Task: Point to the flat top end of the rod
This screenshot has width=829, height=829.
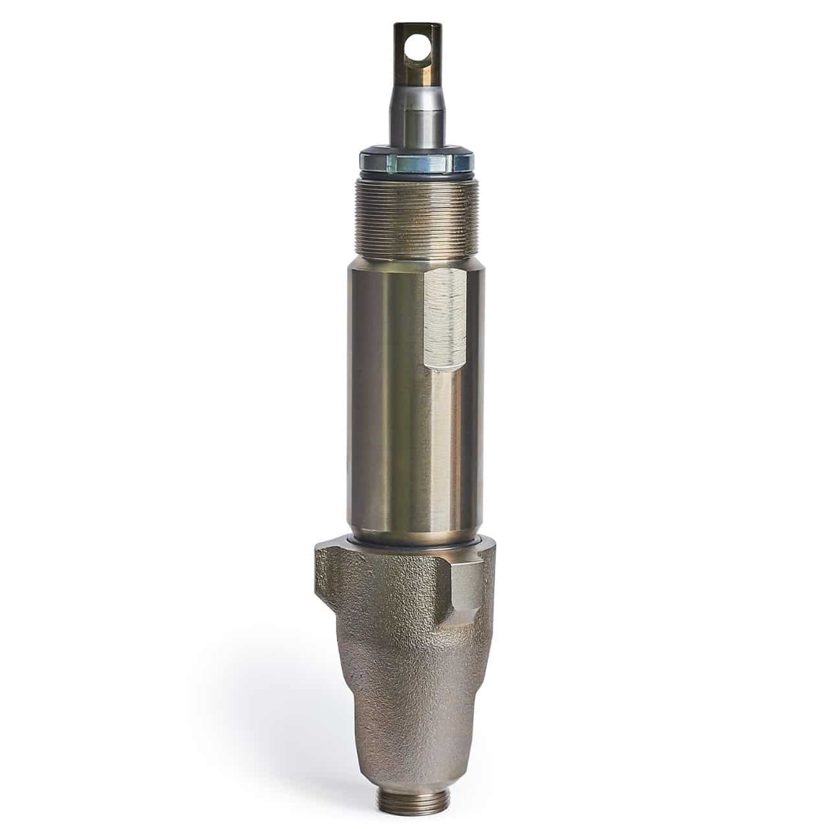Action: click(409, 25)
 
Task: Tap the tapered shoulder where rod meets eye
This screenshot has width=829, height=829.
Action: click(409, 86)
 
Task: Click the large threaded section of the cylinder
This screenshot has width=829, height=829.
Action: click(414, 214)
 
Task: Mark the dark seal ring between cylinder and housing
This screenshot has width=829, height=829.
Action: click(414, 541)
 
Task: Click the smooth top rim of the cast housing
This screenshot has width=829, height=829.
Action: click(414, 550)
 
